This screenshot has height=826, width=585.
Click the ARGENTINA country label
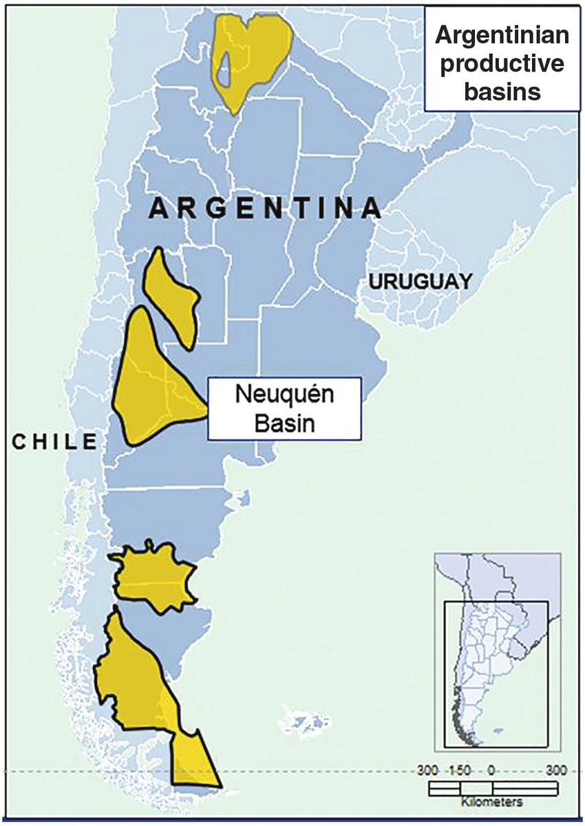click(x=266, y=209)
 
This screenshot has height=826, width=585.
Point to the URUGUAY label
click(x=421, y=281)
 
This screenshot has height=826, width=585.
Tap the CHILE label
click(x=55, y=441)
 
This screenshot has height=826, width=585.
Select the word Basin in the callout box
click(x=284, y=423)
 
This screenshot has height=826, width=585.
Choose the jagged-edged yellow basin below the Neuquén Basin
click(x=155, y=577)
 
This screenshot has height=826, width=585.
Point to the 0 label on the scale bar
click(x=491, y=770)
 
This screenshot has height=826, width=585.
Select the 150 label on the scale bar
click(x=460, y=770)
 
